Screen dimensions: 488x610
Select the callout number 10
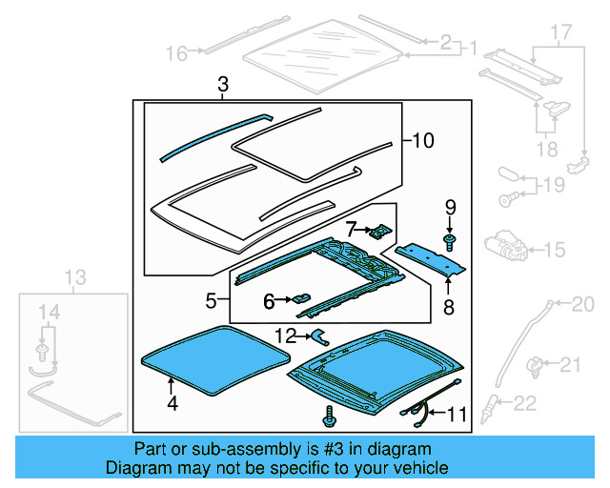(422, 141)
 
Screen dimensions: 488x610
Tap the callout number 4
(172, 402)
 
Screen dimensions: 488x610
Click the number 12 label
(285, 335)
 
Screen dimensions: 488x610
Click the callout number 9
(450, 206)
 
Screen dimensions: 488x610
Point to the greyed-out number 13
(75, 277)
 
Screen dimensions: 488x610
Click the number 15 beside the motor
(554, 250)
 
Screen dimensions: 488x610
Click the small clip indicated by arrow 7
(382, 231)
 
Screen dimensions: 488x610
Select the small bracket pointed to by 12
(319, 335)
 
